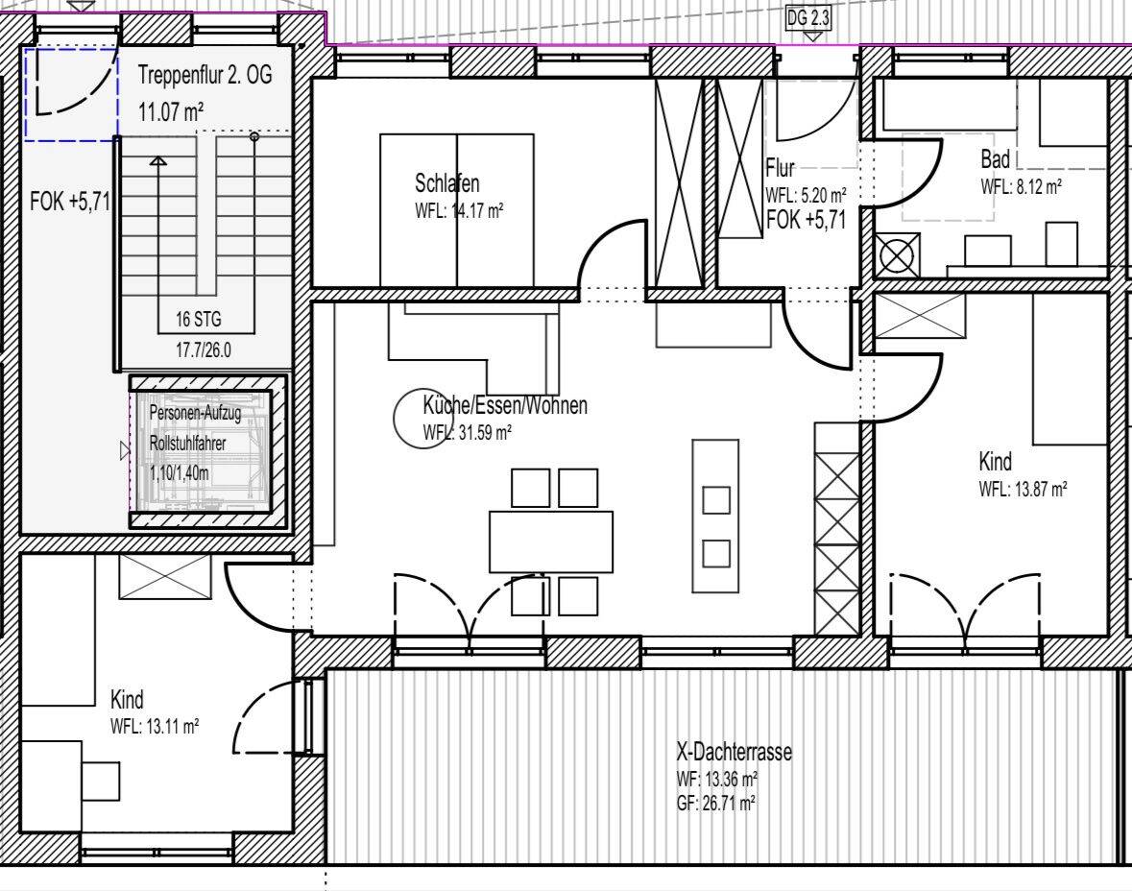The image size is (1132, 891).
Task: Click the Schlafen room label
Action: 446,182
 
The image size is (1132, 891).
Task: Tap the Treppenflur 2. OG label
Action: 205,74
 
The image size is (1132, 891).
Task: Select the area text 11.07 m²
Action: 170,112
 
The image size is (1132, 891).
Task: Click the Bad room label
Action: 995,158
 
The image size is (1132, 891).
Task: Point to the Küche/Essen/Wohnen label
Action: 505,405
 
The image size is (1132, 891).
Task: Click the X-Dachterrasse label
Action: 734,752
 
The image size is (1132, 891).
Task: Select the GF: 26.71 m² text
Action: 715,803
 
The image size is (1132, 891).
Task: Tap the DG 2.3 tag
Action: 807,18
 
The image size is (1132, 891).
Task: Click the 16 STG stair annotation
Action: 199,319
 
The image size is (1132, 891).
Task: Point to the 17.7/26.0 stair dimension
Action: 204,350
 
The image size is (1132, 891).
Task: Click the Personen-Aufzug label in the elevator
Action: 195,413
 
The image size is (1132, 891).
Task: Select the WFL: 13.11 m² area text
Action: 155,726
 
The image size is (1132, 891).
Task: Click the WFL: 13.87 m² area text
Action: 1023,489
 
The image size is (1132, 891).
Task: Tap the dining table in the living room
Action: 551,542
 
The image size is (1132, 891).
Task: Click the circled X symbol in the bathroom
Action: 898,255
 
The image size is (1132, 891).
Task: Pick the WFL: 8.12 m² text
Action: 1021,185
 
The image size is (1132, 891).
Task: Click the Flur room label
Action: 780,168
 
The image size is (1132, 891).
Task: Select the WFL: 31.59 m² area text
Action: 467,432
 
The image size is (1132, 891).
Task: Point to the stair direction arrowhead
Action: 158,161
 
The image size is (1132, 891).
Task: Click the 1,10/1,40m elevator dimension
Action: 180,473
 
